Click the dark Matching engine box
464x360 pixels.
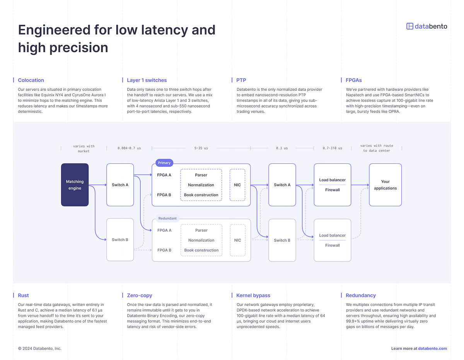click(75, 185)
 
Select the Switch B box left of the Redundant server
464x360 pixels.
click(120, 240)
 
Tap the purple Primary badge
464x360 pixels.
click(164, 163)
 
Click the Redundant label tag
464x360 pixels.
click(167, 218)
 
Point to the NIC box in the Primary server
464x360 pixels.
click(237, 185)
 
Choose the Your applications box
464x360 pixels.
click(385, 185)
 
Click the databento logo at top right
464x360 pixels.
click(426, 26)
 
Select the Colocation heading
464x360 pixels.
click(31, 80)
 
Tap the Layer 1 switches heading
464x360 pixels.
click(147, 80)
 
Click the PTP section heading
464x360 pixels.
click(241, 80)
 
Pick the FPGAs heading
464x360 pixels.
click(353, 80)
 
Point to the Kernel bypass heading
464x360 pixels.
click(253, 295)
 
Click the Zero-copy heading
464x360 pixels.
click(139, 295)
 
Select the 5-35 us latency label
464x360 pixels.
click(201, 148)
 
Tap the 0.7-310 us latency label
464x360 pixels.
click(332, 148)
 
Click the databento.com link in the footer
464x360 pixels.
click(432, 348)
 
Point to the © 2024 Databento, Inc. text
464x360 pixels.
click(39, 348)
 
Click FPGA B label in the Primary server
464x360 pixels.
click(164, 195)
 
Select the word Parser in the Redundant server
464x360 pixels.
click(201, 230)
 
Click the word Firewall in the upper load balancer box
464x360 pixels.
click(332, 190)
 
